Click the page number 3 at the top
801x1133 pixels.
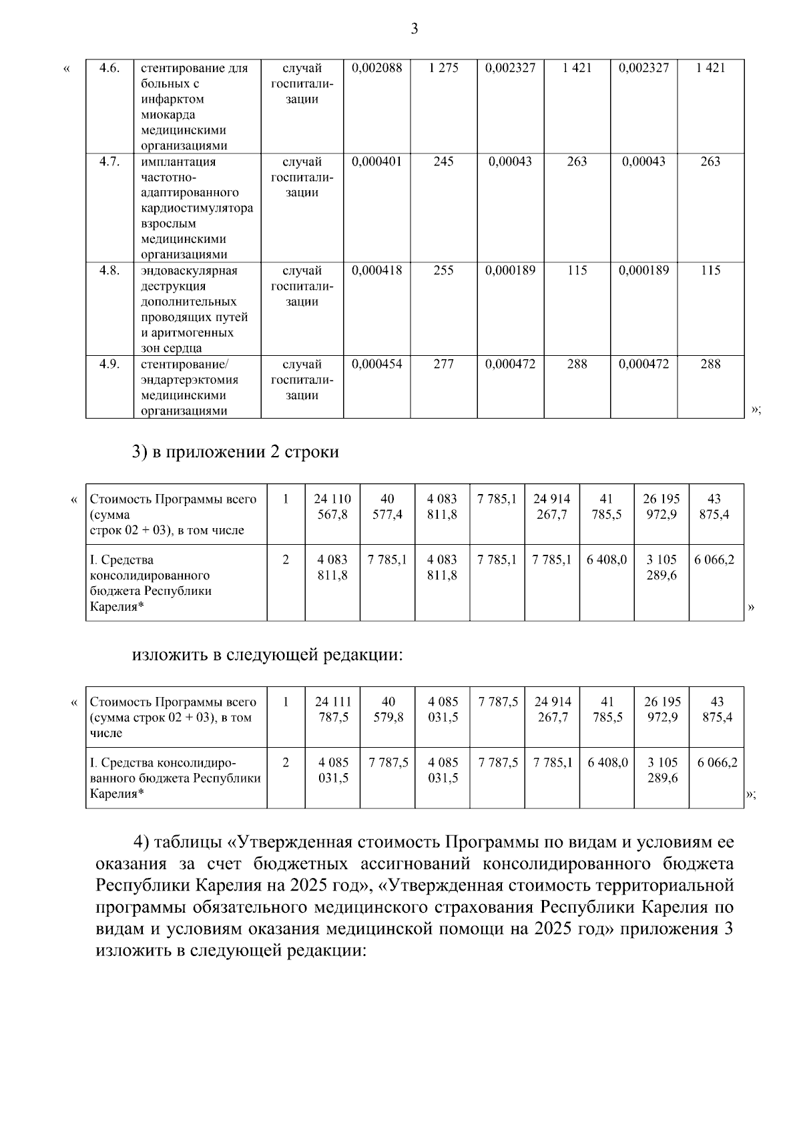point(414,29)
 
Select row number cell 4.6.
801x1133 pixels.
point(109,67)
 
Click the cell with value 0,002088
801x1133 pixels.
point(376,67)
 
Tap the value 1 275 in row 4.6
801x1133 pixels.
point(443,67)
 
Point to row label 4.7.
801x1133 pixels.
point(109,162)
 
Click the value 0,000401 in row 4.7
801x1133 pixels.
point(376,162)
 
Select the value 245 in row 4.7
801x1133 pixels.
point(443,162)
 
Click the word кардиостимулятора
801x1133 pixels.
point(197,208)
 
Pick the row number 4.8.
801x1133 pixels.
point(109,270)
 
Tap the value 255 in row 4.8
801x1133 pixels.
point(443,270)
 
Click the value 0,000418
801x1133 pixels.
point(376,270)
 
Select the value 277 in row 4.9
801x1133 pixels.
point(443,364)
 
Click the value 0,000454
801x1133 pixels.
point(376,364)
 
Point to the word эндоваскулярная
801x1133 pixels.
point(189,270)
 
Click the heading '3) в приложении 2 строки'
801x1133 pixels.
point(235,452)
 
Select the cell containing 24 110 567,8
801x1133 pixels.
point(332,507)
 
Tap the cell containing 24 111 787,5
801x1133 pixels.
point(333,710)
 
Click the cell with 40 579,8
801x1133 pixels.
point(388,710)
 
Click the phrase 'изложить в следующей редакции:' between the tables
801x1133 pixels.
point(268,655)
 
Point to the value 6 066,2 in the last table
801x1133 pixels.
point(717,762)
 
